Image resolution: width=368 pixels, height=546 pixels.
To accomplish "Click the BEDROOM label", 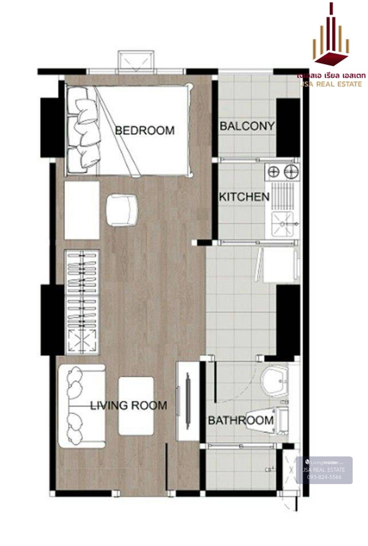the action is pyautogui.click(x=145, y=131).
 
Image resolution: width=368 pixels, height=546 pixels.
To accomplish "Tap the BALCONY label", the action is pyautogui.click(x=247, y=126).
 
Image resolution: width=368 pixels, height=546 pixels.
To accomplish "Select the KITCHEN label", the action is pyautogui.click(x=244, y=197).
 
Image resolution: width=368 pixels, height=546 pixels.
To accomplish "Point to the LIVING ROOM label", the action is pyautogui.click(x=128, y=406).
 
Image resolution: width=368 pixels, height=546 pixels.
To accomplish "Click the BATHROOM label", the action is pyautogui.click(x=241, y=420).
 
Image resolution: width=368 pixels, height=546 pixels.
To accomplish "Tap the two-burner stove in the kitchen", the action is pyautogui.click(x=283, y=171).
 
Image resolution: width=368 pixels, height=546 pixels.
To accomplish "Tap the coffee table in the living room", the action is pyautogui.click(x=136, y=406).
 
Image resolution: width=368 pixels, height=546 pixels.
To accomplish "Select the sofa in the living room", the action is pyautogui.click(x=81, y=406).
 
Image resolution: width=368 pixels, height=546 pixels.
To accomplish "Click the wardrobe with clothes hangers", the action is pyautogui.click(x=82, y=302).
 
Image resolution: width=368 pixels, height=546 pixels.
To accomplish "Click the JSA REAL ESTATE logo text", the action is pyautogui.click(x=331, y=84).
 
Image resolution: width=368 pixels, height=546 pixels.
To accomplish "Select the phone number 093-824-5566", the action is pyautogui.click(x=324, y=477).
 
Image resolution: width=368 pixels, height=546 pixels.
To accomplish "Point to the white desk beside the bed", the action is pyautogui.click(x=82, y=210).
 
